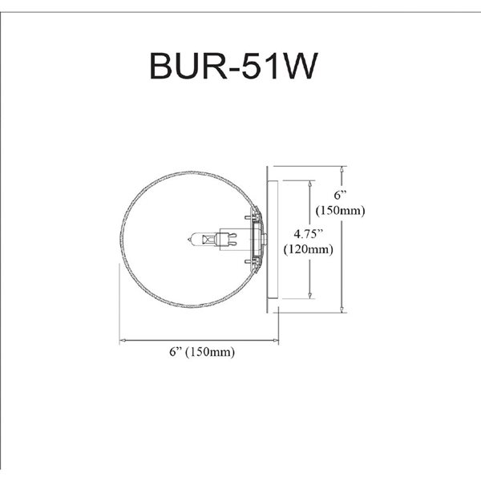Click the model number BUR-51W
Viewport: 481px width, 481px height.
(233, 67)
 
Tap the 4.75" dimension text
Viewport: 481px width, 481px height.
(309, 234)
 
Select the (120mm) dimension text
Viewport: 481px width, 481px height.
(308, 249)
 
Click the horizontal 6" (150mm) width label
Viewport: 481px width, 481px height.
(202, 352)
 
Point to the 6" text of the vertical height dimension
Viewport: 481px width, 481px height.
(340, 195)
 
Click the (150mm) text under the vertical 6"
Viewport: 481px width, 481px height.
(341, 210)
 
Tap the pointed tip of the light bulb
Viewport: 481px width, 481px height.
(188, 239)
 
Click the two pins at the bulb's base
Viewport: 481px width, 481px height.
(232, 239)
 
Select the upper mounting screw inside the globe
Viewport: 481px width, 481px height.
(251, 217)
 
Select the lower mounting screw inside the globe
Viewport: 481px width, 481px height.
(251, 261)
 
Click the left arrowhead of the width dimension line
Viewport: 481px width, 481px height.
(123, 340)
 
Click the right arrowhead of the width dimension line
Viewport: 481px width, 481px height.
(275, 340)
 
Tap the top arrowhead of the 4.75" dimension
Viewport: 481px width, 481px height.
(309, 184)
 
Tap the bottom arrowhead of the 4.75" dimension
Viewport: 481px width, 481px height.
(309, 295)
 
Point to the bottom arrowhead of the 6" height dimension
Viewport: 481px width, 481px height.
(342, 309)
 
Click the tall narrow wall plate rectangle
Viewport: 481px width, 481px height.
(273, 239)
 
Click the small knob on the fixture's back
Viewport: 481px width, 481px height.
(265, 239)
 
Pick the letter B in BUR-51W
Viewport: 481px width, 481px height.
(161, 67)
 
